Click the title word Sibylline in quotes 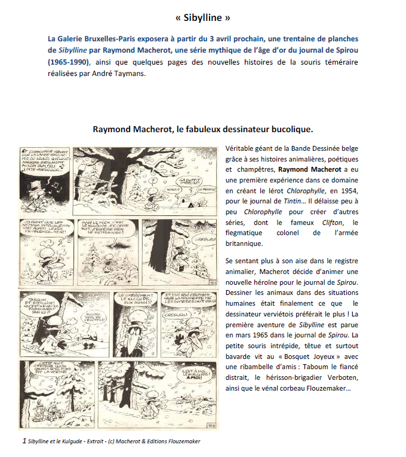click(203, 17)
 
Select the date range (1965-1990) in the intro click(69, 62)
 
